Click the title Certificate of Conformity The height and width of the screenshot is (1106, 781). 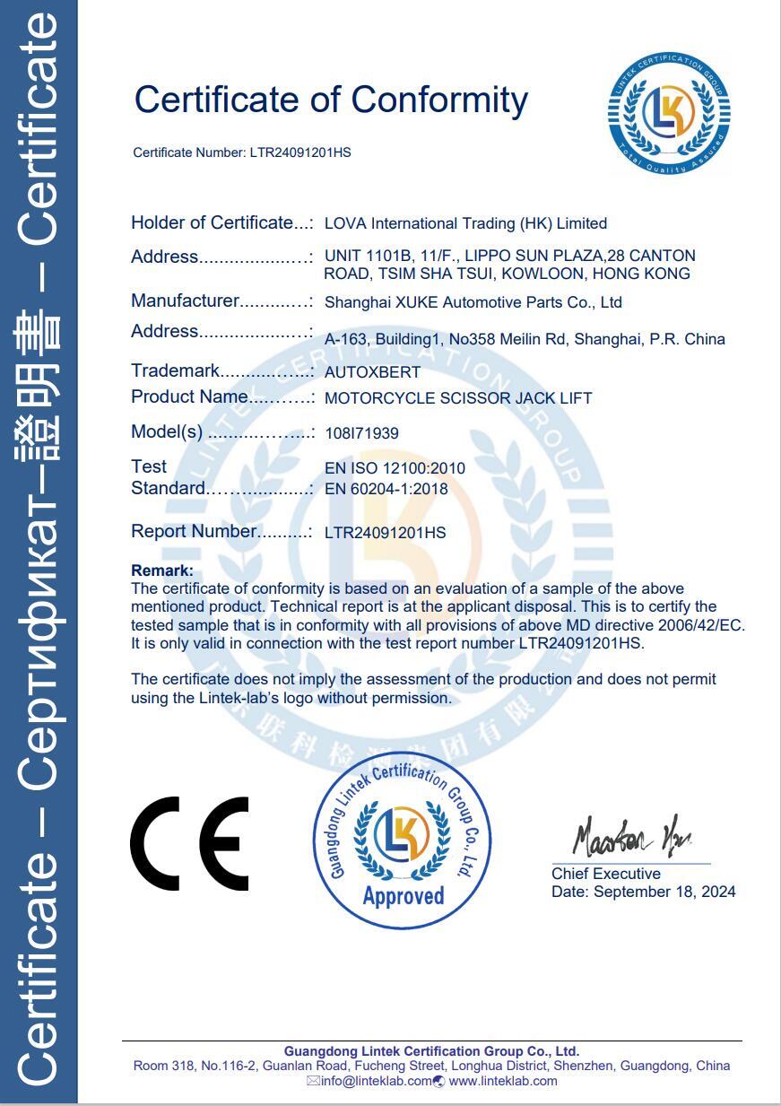click(331, 99)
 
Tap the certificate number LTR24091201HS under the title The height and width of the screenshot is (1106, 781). click(300, 152)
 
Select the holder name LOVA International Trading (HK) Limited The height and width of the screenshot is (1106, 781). click(465, 223)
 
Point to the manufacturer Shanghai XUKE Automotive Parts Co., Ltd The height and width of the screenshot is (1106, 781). click(473, 302)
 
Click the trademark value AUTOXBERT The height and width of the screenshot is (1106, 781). click(372, 371)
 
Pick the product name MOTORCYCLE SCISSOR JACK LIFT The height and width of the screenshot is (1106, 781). click(457, 397)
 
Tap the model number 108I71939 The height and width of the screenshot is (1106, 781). click(361, 433)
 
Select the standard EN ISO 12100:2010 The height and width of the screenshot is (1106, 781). click(395, 467)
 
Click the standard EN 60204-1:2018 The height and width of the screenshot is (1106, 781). click(386, 489)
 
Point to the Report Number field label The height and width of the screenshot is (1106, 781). click(194, 531)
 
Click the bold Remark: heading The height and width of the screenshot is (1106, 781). click(162, 570)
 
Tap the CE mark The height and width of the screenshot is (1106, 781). click(189, 843)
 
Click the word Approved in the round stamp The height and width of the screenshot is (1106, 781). click(403, 895)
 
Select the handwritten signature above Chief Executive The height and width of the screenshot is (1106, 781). click(631, 837)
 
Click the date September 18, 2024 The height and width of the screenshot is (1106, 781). click(664, 892)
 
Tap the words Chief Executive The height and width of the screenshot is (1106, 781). click(606, 874)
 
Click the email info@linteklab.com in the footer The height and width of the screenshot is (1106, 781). click(376, 1081)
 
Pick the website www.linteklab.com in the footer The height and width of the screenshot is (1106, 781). click(503, 1081)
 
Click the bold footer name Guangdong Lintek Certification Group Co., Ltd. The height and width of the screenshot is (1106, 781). click(431, 1051)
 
